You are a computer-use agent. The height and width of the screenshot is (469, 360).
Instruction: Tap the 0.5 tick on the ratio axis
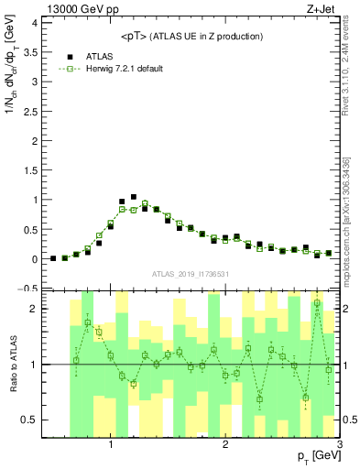coord(30,420)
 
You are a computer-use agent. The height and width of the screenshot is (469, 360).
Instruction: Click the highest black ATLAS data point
coord(134,197)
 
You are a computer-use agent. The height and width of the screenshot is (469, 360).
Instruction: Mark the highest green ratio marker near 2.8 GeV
coord(317,303)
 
